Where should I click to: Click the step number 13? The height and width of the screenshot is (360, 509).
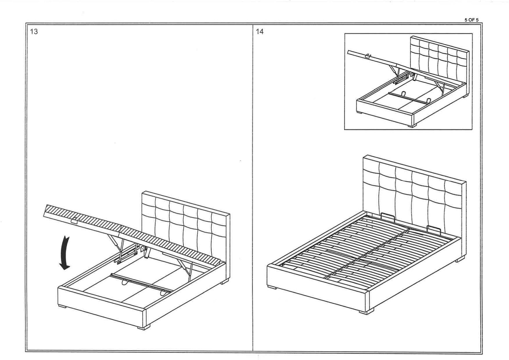(x=34, y=32)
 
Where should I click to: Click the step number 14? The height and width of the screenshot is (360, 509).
(x=260, y=32)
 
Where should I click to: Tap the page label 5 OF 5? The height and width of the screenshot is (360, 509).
(x=471, y=20)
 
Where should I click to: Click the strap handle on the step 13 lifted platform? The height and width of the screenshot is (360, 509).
(x=74, y=220)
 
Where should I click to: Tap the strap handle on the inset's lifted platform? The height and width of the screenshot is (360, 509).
(x=369, y=56)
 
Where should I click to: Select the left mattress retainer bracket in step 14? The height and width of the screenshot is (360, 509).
(x=387, y=216)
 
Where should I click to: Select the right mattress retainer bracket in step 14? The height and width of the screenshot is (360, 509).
(x=433, y=229)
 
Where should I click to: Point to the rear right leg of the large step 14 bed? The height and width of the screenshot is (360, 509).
(x=460, y=260)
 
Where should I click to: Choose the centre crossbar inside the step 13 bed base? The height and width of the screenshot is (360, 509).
(x=140, y=283)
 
